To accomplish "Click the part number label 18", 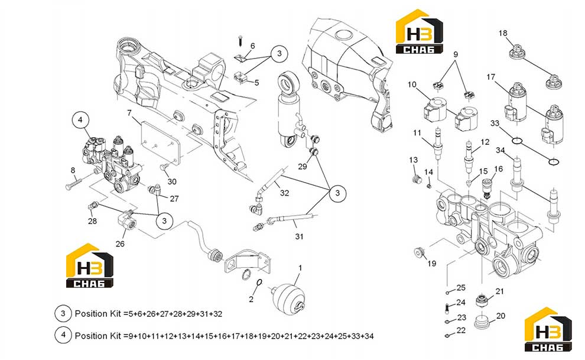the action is coord(503,33).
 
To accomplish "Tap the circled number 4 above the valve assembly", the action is coord(80,120).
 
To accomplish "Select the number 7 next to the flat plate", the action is coord(129,113).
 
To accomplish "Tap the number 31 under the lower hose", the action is coord(299,236).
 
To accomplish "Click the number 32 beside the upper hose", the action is coord(285,193).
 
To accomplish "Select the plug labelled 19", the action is coord(420,252).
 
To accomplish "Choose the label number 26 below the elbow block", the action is coord(120,244).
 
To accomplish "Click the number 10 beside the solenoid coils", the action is coord(412,85).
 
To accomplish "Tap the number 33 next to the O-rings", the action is coord(495,123).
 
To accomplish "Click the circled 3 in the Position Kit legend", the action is coord(63,313).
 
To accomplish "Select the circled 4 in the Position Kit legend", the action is coord(63,335).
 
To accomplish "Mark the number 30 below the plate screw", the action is coord(172,181).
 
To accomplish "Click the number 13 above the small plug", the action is coord(414,160).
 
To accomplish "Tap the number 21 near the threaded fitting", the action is coord(499,291).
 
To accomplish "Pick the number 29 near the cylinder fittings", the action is coord(302,166).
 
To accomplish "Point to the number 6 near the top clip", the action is coord(252,46).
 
